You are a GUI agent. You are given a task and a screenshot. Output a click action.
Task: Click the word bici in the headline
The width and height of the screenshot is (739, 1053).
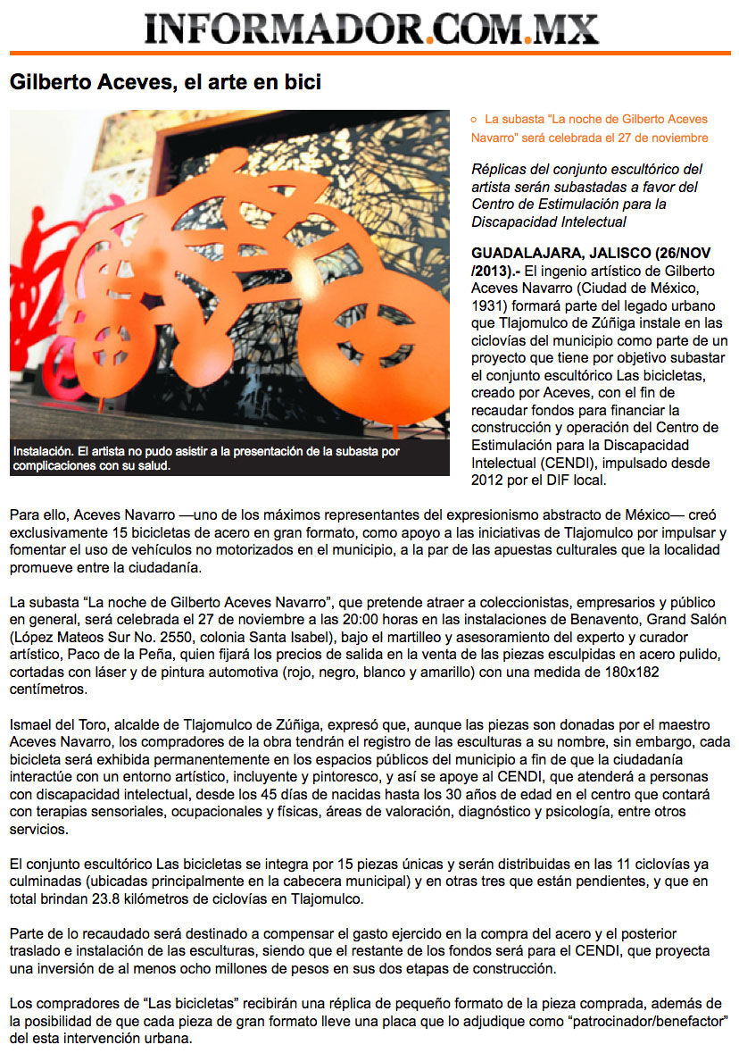point(303,83)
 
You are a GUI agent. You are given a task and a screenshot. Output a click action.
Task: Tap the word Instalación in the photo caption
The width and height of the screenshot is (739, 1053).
point(45,452)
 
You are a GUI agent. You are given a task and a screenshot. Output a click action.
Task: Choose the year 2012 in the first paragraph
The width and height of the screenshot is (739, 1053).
point(490,480)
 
